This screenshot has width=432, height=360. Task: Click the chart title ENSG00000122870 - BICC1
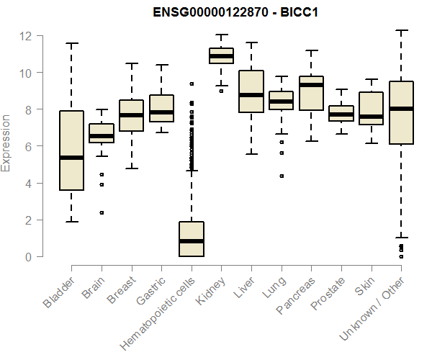(236, 13)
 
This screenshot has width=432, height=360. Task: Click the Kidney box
(221, 56)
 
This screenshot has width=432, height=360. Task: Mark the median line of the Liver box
(251, 95)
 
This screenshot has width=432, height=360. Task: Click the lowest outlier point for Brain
(102, 212)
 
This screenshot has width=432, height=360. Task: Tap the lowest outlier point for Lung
(281, 176)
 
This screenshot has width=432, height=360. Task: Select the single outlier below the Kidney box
(221, 91)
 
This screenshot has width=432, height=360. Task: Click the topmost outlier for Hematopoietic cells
(191, 84)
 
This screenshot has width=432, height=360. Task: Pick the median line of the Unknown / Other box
(401, 109)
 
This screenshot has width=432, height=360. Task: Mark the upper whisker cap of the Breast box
(131, 63)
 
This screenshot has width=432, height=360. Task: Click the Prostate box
(341, 114)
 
